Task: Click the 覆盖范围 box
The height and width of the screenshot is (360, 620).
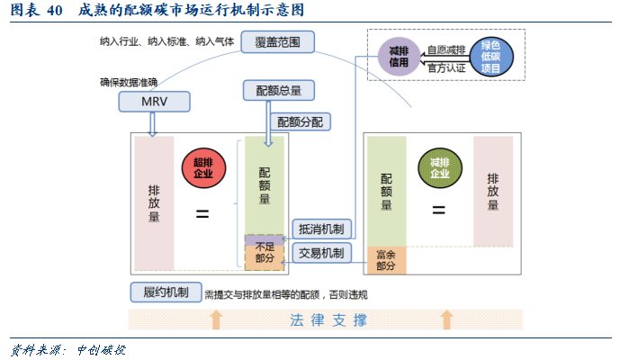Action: click(277, 42)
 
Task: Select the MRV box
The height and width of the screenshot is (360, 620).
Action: click(154, 102)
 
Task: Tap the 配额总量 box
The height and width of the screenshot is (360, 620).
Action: click(279, 91)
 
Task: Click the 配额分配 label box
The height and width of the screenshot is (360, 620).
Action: click(301, 121)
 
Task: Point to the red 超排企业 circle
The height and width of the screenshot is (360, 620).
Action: click(203, 168)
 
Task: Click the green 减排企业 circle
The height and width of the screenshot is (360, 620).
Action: click(440, 168)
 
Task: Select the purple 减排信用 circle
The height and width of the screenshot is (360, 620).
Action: click(399, 57)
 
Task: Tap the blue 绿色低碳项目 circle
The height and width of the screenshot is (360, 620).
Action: click(491, 57)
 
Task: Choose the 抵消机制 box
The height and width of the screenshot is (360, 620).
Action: click(321, 229)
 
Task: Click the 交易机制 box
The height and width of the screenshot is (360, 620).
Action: click(321, 253)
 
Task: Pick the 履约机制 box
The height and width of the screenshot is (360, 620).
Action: click(166, 292)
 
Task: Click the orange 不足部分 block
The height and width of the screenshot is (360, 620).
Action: click(265, 257)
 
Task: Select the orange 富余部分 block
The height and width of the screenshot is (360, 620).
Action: click(386, 260)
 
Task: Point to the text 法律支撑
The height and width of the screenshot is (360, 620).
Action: click(328, 320)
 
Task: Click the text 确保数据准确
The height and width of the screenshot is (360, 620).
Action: click(129, 82)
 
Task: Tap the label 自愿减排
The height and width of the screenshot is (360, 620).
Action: click(446, 49)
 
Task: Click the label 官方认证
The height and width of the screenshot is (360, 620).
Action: click(446, 68)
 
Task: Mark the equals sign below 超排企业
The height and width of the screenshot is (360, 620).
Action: click(202, 214)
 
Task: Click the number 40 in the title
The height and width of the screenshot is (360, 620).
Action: click(54, 10)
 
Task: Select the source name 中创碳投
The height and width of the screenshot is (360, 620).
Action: click(101, 350)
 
